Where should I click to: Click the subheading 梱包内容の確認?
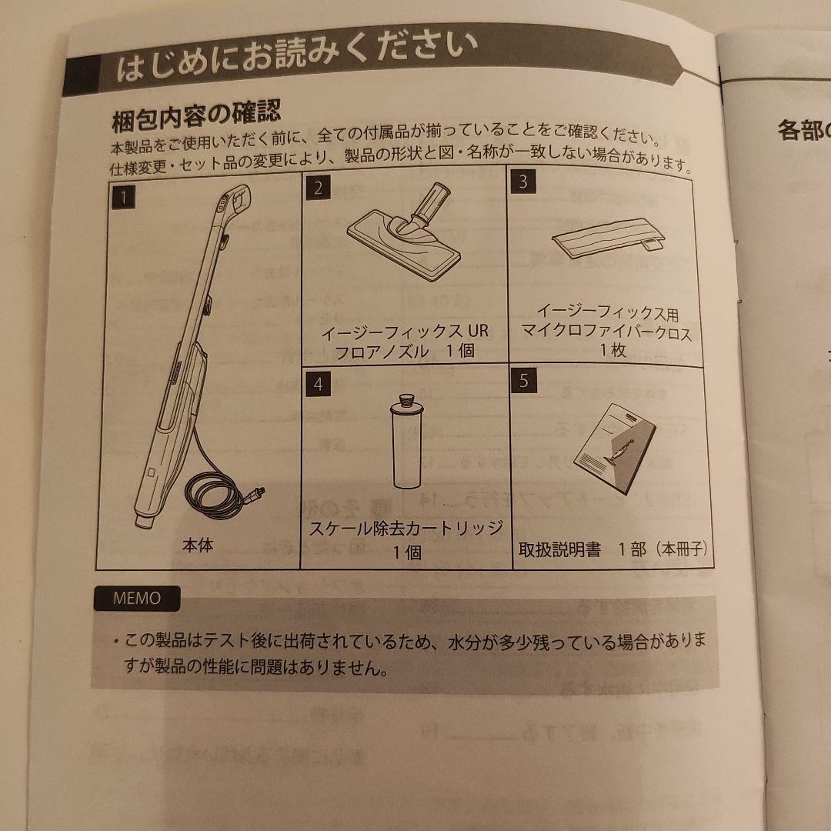[196, 117]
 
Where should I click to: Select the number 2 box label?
[317, 188]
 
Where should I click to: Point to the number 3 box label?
[523, 182]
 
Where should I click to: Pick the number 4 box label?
[318, 384]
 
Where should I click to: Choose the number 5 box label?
[524, 381]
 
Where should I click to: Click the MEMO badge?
[138, 598]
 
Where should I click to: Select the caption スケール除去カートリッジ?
[405, 529]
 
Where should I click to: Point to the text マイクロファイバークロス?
[606, 333]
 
